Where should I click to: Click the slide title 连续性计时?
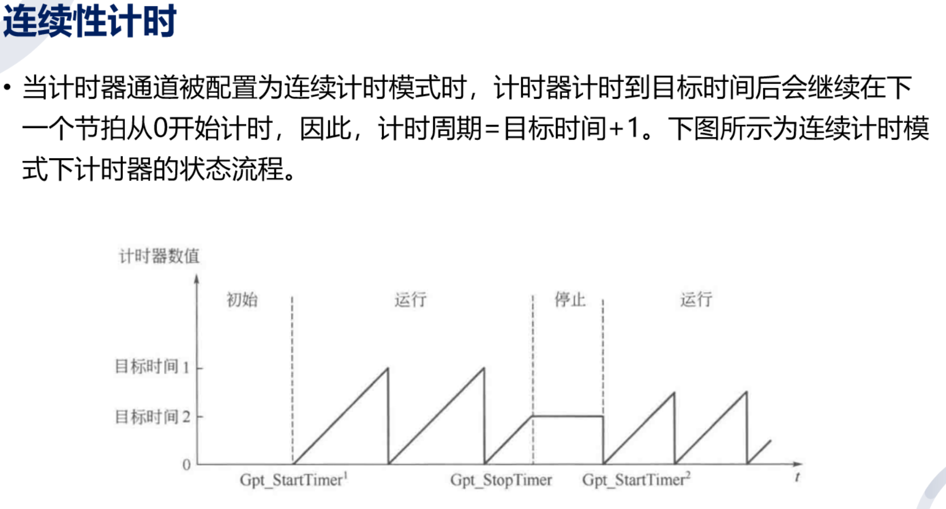[x=89, y=21]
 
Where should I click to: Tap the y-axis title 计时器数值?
[x=159, y=256]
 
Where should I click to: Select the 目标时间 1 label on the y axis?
[x=152, y=367]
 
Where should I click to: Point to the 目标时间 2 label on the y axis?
[x=152, y=417]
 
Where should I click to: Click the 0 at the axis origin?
[x=187, y=465]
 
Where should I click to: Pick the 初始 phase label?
[x=242, y=300]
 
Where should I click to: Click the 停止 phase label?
[x=570, y=300]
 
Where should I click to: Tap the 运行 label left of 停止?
[x=410, y=300]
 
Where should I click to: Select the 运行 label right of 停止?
[x=696, y=300]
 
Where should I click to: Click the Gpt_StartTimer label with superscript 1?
[x=294, y=480]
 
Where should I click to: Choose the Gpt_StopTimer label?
[x=501, y=480]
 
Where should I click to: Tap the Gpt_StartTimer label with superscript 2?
[x=636, y=480]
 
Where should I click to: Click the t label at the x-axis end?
[x=797, y=477]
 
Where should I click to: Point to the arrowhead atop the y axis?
[x=197, y=279]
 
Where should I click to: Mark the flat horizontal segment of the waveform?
[x=567, y=416]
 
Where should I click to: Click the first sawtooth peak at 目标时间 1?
[x=387, y=369]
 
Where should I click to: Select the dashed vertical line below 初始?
[x=292, y=382]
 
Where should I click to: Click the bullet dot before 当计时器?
[x=7, y=87]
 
